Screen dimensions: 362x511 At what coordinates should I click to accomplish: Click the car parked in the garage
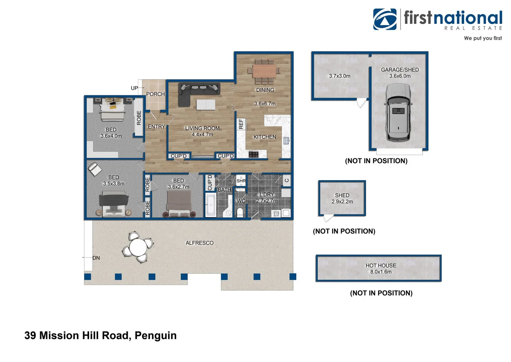click(x=398, y=112)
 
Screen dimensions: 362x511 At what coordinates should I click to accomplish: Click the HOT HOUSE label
click(x=381, y=265)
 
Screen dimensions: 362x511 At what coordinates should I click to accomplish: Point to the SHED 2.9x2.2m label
click(x=342, y=198)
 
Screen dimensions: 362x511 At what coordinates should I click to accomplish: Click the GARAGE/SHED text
click(x=400, y=70)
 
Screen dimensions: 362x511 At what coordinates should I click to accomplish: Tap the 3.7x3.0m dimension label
click(x=340, y=76)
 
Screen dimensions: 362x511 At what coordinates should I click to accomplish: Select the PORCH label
click(x=156, y=94)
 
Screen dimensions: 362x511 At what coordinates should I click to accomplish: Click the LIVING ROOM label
click(x=202, y=128)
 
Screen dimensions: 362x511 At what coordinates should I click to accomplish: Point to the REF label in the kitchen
click(x=241, y=124)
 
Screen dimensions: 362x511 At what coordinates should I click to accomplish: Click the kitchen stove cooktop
click(x=253, y=154)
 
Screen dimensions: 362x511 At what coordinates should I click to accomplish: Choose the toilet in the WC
click(x=240, y=212)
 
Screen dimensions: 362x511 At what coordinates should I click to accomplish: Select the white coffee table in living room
click(x=206, y=105)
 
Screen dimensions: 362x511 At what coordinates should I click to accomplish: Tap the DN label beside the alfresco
click(x=96, y=258)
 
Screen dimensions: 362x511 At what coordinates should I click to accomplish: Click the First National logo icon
click(x=385, y=19)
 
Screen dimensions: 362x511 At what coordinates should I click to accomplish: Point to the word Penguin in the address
click(x=156, y=336)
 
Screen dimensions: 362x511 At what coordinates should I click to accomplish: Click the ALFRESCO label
click(x=199, y=243)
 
